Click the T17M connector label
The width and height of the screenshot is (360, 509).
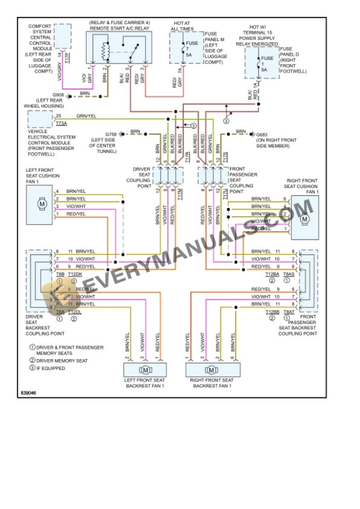pyautogui.click(x=180, y=193)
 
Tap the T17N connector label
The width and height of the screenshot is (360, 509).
pyautogui.click(x=226, y=193)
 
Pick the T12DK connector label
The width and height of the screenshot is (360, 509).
pyautogui.click(x=75, y=274)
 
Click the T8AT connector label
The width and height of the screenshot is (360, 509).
pyautogui.click(x=289, y=312)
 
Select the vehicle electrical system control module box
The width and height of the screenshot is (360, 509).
pyautogui.click(x=39, y=119)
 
